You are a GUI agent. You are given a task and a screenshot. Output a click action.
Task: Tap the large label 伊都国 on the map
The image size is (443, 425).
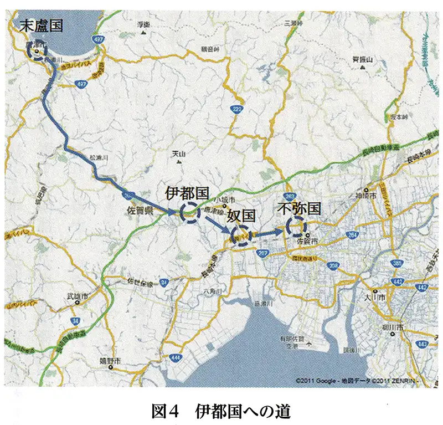(187, 193)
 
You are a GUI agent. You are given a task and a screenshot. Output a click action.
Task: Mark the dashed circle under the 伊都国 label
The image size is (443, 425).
(189, 213)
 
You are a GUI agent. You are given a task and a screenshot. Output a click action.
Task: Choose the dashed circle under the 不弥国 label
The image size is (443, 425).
(296, 226)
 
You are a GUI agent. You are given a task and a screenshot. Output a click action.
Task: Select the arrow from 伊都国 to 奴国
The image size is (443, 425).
(215, 224)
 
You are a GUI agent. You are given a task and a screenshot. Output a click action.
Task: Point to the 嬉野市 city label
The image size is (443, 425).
(111, 361)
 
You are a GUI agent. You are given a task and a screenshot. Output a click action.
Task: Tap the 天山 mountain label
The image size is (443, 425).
(178, 153)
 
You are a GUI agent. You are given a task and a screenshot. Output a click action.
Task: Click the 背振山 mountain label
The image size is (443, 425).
(363, 59)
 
